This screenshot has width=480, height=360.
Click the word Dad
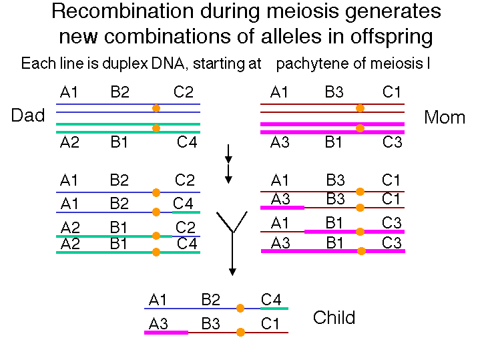[28, 115]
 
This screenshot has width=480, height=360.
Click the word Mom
[445, 118]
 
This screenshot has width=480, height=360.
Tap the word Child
[334, 317]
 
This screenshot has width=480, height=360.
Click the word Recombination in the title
[122, 11]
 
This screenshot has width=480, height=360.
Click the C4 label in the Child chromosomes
[271, 299]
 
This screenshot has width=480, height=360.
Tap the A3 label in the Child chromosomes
[158, 323]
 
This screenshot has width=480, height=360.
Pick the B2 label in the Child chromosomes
[210, 299]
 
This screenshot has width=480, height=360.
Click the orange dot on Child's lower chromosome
[240, 332]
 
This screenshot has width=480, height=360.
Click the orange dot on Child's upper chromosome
[240, 308]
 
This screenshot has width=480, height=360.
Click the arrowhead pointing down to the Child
[232, 272]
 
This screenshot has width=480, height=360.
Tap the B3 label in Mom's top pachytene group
[334, 92]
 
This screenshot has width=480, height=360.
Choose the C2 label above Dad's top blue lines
[184, 92]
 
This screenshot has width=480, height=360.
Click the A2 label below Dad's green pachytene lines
[69, 142]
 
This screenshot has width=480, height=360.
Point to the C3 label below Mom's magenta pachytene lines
[392, 142]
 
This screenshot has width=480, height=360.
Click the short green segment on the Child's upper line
[274, 309]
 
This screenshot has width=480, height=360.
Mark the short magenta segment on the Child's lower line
[166, 333]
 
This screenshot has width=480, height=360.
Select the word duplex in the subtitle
[126, 64]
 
